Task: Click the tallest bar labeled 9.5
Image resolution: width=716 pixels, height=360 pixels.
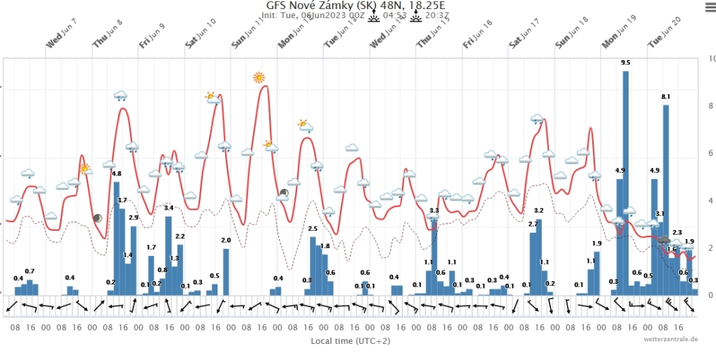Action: click(626, 182)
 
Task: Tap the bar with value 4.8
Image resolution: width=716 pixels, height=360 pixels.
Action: click(117, 238)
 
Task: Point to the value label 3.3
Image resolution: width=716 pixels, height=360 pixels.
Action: click(434, 210)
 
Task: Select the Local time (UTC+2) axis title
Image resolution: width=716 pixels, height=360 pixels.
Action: click(350, 341)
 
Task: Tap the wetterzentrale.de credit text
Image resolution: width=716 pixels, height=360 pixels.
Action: click(671, 340)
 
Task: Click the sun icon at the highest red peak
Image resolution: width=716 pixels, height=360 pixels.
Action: click(259, 77)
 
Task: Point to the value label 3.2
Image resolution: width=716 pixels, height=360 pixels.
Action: click(538, 210)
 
